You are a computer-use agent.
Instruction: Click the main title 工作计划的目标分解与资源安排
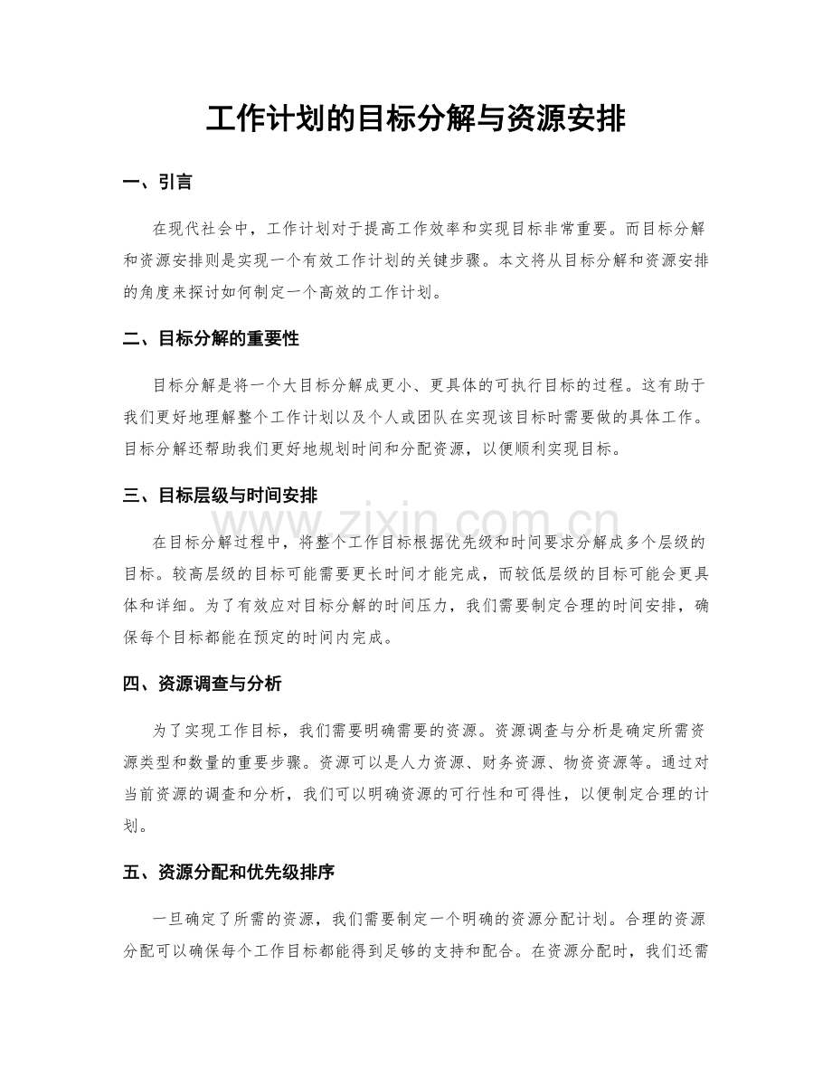click(416, 118)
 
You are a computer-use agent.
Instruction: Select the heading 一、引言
click(157, 184)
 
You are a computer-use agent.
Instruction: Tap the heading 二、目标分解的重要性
click(210, 339)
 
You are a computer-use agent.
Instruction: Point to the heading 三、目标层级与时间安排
click(219, 496)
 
